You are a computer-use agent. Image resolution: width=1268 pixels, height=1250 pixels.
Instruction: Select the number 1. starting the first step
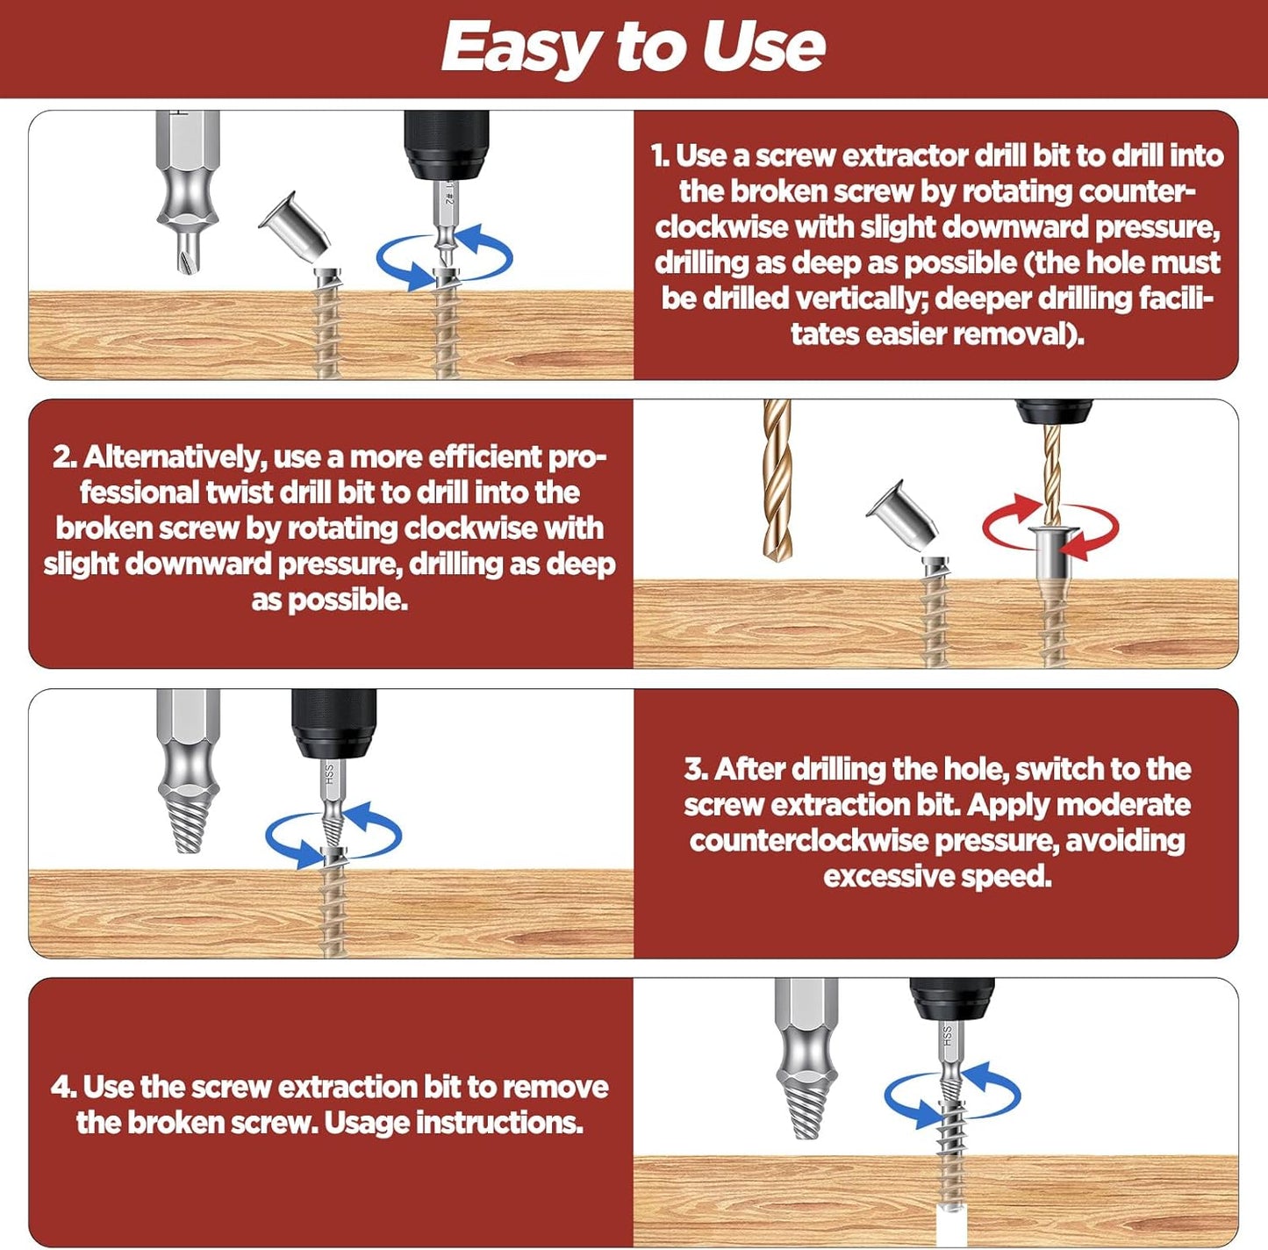coord(660,156)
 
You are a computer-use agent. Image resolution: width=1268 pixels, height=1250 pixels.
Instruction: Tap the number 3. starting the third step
coord(696,770)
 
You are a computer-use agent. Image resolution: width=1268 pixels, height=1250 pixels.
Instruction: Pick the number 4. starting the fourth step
coord(63,1087)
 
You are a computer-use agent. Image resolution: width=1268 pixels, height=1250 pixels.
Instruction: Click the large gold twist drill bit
coord(777,480)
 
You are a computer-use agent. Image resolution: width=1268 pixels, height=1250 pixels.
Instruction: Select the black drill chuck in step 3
coord(333,723)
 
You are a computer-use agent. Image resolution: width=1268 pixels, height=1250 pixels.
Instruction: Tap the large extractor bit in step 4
coord(806,1060)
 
